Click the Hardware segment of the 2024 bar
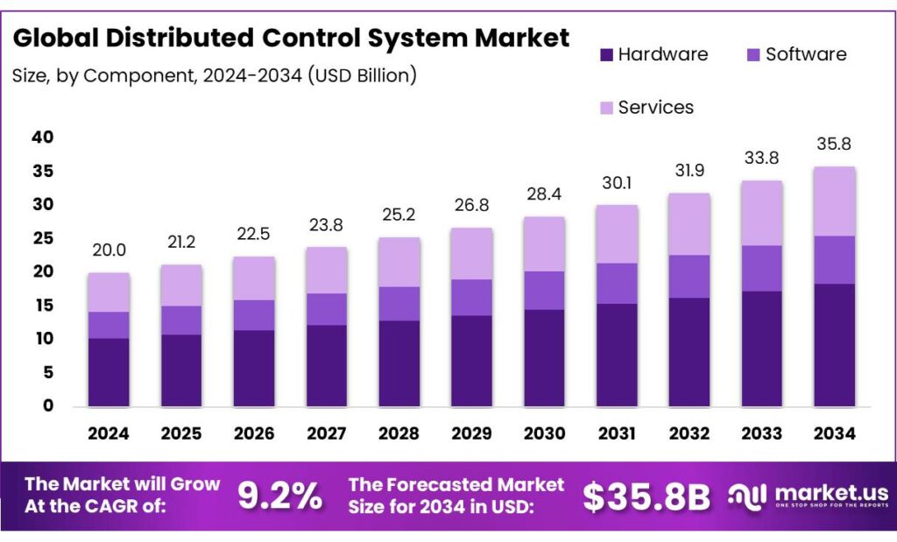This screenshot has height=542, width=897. [x=109, y=372]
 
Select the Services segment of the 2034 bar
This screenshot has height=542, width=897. [x=834, y=201]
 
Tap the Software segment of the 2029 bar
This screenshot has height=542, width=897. [x=472, y=298]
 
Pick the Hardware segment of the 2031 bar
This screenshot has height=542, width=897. [x=617, y=355]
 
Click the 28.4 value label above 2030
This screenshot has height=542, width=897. [x=545, y=193]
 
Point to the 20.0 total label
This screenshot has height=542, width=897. [x=109, y=250]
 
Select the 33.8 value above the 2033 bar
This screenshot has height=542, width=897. [x=762, y=158]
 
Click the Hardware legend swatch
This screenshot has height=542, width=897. [x=604, y=55]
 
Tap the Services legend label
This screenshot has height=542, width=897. [x=655, y=108]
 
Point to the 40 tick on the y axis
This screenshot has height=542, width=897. [x=42, y=137]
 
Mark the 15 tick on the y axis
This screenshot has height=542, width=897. [x=42, y=306]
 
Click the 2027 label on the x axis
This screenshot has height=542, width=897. [x=327, y=433]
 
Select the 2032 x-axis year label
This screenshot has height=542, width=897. [x=689, y=433]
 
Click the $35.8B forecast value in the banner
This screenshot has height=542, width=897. [x=646, y=496]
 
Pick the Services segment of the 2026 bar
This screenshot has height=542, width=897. [x=254, y=278]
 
